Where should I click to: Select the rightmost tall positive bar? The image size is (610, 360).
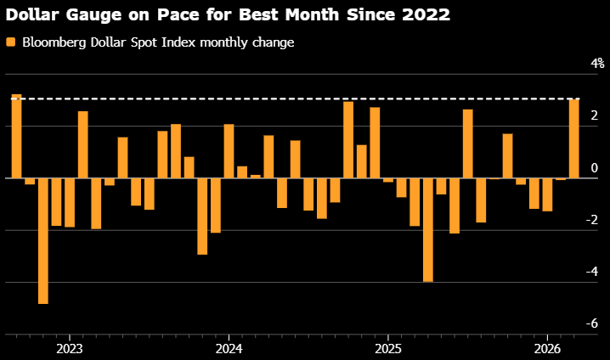pyautogui.click(x=573, y=139)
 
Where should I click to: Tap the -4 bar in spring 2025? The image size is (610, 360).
pyautogui.click(x=427, y=229)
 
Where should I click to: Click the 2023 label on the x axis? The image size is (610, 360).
pyautogui.click(x=69, y=348)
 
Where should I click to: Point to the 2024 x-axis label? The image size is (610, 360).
pyautogui.click(x=229, y=348)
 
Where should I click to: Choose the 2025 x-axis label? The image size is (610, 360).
pyautogui.click(x=387, y=348)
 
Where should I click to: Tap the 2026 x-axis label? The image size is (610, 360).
pyautogui.click(x=547, y=348)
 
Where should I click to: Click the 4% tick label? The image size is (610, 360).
pyautogui.click(x=597, y=64)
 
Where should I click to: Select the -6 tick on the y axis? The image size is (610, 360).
pyautogui.click(x=594, y=323)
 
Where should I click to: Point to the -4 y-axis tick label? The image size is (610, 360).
pyautogui.click(x=594, y=272)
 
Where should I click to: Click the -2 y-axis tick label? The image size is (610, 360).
pyautogui.click(x=594, y=220)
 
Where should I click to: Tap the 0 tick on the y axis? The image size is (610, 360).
pyautogui.click(x=595, y=168)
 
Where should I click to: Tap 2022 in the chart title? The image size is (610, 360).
pyautogui.click(x=423, y=14)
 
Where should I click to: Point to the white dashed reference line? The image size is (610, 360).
pyautogui.click(x=297, y=99)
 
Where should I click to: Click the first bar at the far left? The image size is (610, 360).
pyautogui.click(x=16, y=136)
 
